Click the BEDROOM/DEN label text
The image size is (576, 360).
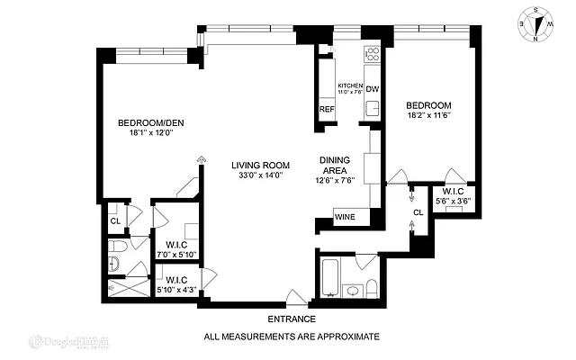(151, 123)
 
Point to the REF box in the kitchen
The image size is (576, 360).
(326, 110)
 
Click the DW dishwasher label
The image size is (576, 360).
(372, 88)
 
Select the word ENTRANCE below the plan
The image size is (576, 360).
(292, 319)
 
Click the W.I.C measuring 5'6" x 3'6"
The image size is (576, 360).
(453, 196)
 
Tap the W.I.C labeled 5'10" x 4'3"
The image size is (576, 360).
(175, 283)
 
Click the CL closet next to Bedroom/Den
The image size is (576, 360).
(115, 220)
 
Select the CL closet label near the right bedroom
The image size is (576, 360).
(418, 213)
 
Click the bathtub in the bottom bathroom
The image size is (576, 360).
(329, 278)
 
